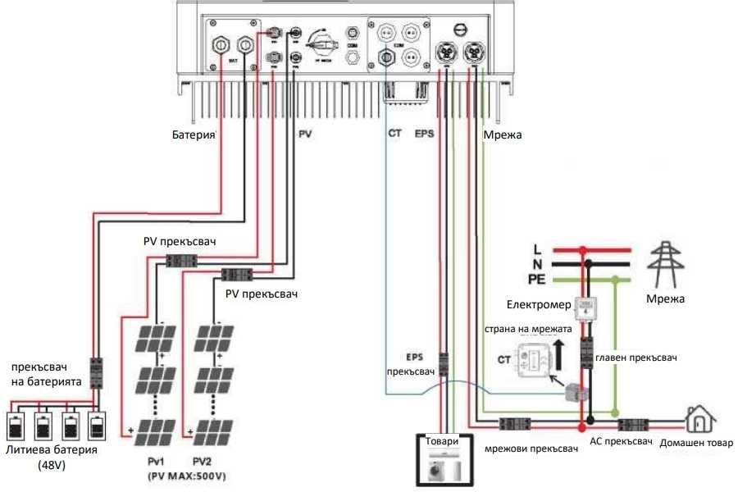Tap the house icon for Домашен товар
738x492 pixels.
click(x=697, y=421)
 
